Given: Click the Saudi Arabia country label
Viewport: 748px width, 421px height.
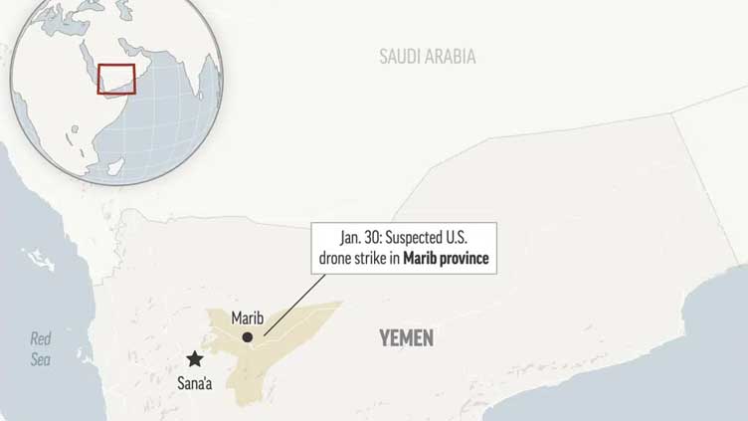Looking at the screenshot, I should pos(427,57).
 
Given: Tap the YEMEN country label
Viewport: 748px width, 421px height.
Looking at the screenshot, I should pos(406,338).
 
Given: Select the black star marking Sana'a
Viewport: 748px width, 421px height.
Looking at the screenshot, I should pos(195,359).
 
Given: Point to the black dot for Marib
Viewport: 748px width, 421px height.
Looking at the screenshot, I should pos(247,338).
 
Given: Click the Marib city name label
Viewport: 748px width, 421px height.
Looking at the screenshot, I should pos(247,318).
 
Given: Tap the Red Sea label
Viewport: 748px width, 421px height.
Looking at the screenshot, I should pos(41,348).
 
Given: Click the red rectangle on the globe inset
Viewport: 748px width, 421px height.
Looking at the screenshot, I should pos(115,78).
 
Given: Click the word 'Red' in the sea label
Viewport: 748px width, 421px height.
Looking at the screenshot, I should pos(41,338).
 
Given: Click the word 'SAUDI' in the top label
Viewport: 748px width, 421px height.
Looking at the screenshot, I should pos(398,57).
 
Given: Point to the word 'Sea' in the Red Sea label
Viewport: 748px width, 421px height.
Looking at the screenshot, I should pos(41,359).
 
